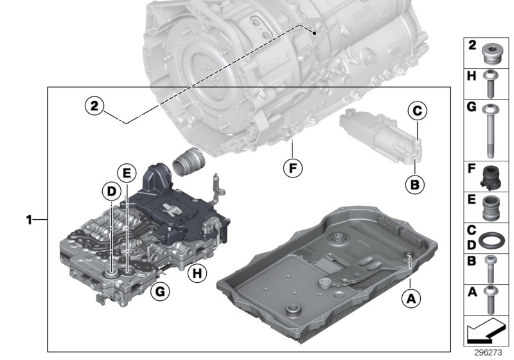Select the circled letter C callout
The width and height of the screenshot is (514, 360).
point(416,112)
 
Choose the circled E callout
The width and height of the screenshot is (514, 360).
point(127,172)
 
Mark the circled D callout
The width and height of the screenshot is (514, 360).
point(111,191)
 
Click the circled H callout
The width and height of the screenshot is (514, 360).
point(197,274)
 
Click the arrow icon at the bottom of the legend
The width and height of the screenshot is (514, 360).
point(486,332)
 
